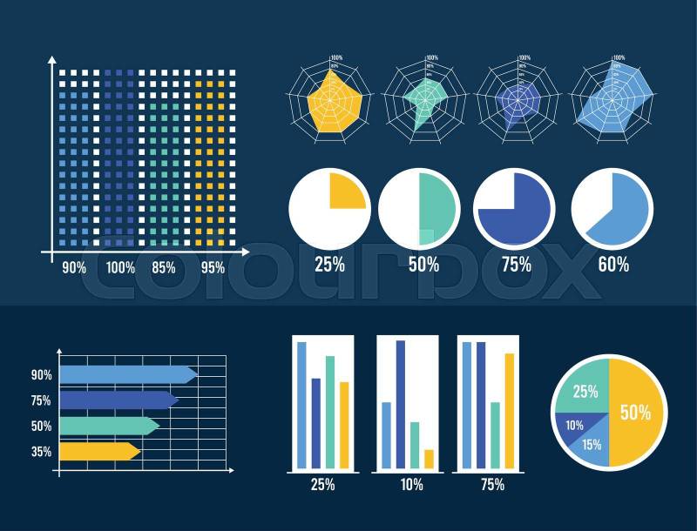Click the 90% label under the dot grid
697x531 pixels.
tap(74, 267)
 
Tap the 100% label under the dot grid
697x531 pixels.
tap(120, 267)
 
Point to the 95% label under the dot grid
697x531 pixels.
tap(212, 267)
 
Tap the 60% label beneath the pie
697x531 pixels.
tap(613, 265)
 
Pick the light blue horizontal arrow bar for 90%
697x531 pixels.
tap(127, 374)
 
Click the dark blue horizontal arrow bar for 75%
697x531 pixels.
tap(118, 400)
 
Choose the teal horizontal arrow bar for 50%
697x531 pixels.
tap(108, 426)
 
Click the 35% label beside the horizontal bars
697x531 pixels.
tap(41, 452)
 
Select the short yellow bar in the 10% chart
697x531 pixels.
tap(429, 458)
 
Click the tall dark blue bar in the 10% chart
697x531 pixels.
tap(401, 404)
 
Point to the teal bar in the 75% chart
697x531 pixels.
tap(495, 434)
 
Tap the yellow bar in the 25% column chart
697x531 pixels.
tap(344, 425)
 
